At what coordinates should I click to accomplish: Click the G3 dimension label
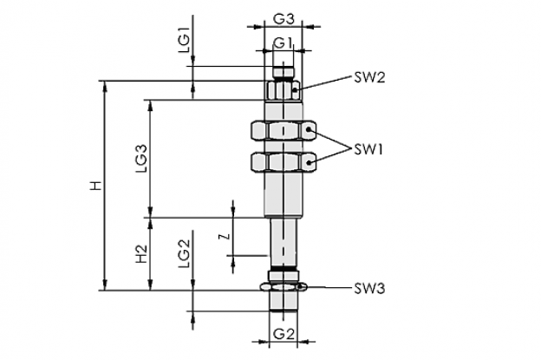[284, 19]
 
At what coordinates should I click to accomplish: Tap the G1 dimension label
[283, 43]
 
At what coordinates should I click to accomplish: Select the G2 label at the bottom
[284, 334]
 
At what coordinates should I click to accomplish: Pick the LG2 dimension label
[185, 253]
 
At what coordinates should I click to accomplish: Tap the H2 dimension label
[141, 253]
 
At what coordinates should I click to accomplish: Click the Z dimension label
[225, 237]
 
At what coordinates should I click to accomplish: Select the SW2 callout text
[369, 78]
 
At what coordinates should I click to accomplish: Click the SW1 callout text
[368, 150]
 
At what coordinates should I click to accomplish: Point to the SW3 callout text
[369, 289]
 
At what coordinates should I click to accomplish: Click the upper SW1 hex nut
[284, 131]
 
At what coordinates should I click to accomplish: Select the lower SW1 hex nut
[284, 162]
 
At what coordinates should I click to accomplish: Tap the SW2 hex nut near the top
[284, 90]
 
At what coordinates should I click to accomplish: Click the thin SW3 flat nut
[284, 287]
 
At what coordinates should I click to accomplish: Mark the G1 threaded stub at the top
[284, 73]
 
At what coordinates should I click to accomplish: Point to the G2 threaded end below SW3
[284, 301]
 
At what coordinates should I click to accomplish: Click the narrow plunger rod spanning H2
[284, 243]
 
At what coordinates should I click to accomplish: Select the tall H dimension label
[96, 186]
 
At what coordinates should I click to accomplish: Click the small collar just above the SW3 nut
[284, 276]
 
